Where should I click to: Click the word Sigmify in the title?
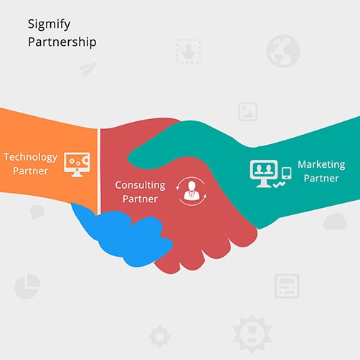pos(49,24)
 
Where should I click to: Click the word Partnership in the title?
pos(62,42)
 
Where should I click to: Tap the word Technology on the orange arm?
pos(31,158)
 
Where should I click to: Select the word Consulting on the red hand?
pos(140,186)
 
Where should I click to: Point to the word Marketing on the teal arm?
pos(321,165)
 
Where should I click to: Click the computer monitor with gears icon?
pos(77,164)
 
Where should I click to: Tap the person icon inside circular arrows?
pos(191,191)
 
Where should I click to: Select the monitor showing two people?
pos(264,174)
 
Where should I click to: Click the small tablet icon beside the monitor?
pos(286,174)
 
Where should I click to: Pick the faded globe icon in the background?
pos(283,51)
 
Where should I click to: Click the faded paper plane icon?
pos(87,70)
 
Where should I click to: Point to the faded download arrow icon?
pos(188,51)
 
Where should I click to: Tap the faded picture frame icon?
pos(247,111)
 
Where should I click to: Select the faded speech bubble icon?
pos(37,212)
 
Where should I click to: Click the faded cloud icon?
pos(335,222)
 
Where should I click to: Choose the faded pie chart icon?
pos(27,286)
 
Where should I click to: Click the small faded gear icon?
pos(159,336)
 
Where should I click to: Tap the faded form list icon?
pos(287,286)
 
